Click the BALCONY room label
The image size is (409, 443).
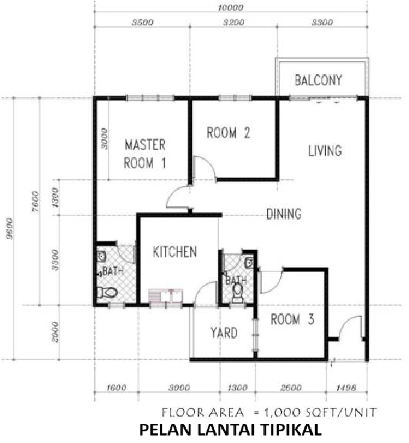coord(318,80)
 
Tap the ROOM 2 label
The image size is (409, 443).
coord(228,133)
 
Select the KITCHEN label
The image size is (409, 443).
coord(175,251)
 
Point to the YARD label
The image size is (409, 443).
coord(224,333)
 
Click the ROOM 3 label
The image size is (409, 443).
coord(292,319)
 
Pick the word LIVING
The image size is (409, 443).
coord(325,151)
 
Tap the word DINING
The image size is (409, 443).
coord(284,214)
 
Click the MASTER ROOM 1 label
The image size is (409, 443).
coord(145,154)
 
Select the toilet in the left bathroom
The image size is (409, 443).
coord(107,292)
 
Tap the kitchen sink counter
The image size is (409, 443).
coord(166,296)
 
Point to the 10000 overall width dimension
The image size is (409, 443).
coord(230,7)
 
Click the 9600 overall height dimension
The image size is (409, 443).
coord(10,228)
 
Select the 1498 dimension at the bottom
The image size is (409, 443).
coord(346,388)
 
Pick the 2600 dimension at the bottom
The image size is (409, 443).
coord(291,388)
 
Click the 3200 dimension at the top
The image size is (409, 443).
coord(234,22)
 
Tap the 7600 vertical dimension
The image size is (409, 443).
coord(36,202)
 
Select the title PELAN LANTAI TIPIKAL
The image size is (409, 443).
coord(230,430)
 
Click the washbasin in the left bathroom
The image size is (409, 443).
coord(101,256)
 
